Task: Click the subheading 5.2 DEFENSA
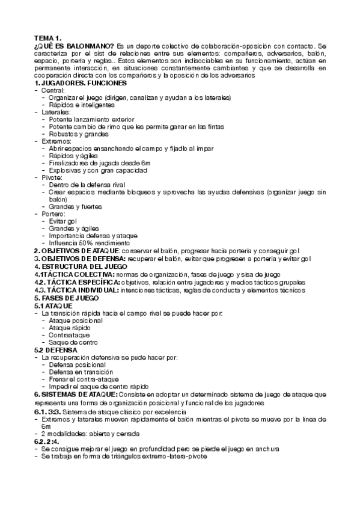pos(56,349)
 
